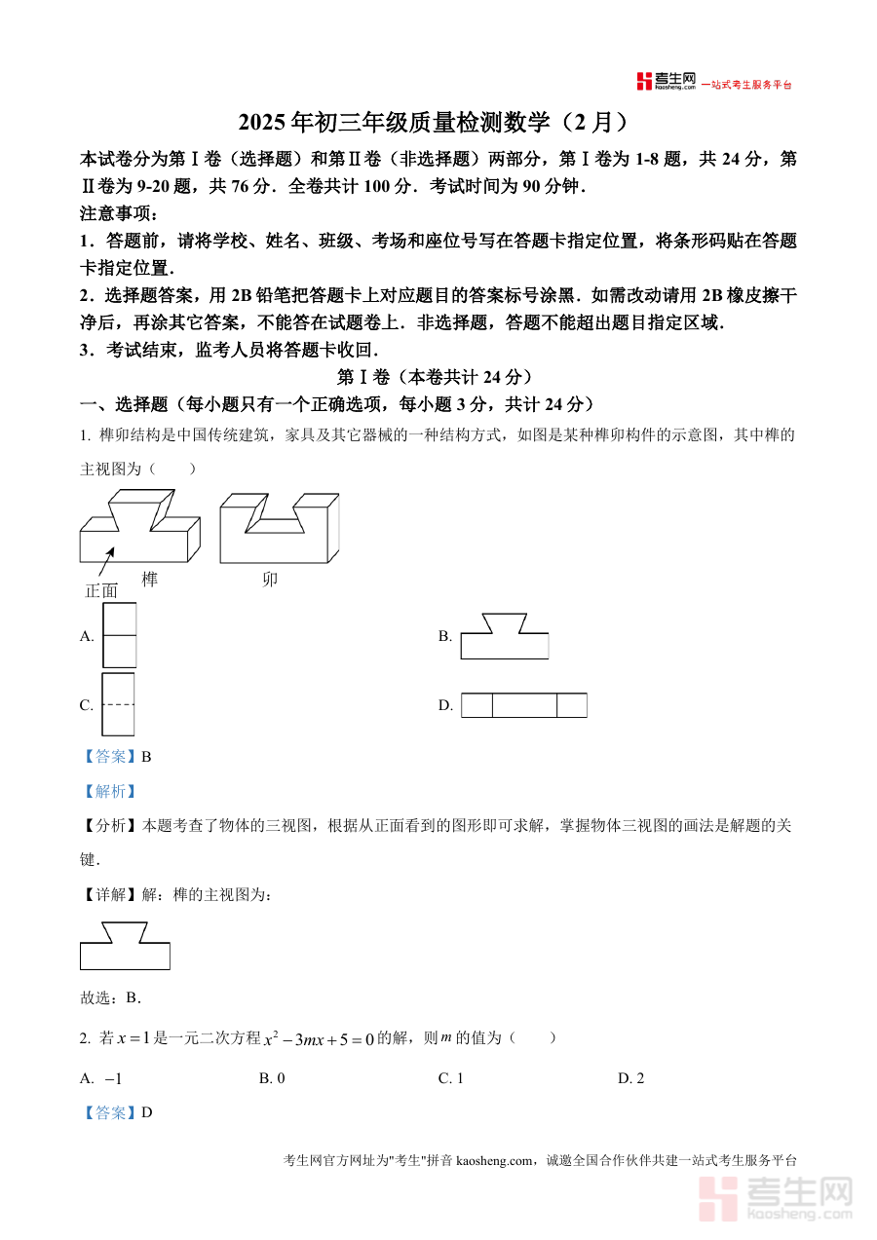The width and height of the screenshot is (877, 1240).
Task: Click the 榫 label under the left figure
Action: point(149,580)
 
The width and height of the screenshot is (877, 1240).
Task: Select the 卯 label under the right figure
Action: point(270,580)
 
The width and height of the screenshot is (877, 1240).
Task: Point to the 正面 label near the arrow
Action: point(101,590)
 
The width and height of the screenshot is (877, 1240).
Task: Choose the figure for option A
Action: point(119,635)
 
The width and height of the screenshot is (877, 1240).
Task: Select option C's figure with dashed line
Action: point(118,704)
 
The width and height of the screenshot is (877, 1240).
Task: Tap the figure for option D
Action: point(523,705)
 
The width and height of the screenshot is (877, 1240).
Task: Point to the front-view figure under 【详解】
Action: point(125,946)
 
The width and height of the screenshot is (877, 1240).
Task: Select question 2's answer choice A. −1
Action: point(101,1078)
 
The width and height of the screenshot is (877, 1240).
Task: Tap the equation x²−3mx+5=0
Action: point(320,1039)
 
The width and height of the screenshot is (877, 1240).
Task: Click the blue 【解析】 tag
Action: point(108,792)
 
